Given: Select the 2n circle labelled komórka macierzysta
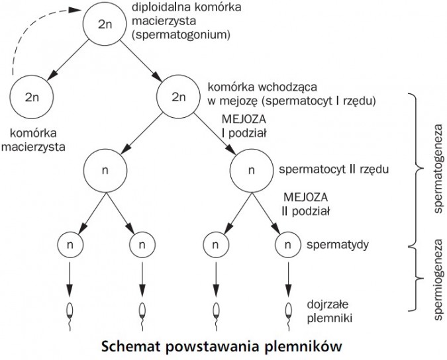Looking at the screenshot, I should pyautogui.click(x=32, y=96).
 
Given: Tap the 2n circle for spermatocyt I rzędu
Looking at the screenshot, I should pyautogui.click(x=177, y=96).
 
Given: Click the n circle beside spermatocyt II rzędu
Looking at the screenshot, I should pyautogui.click(x=250, y=169).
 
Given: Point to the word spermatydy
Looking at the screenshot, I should pyautogui.click(x=338, y=244).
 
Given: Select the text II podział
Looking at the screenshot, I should pyautogui.click(x=306, y=211).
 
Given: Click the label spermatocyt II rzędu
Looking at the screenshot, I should pyautogui.click(x=332, y=169).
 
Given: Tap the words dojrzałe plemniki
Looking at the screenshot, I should pyautogui.click(x=328, y=312).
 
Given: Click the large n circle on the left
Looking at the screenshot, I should pyautogui.click(x=105, y=169).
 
